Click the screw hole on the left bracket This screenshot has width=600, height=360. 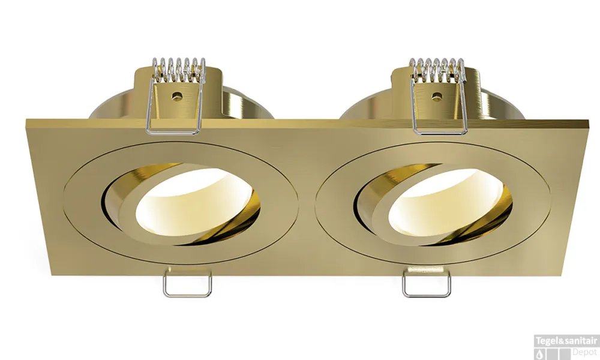click(176, 97)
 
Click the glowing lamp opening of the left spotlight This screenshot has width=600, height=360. click(193, 202)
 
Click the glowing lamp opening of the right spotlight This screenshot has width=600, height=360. click(445, 202)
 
